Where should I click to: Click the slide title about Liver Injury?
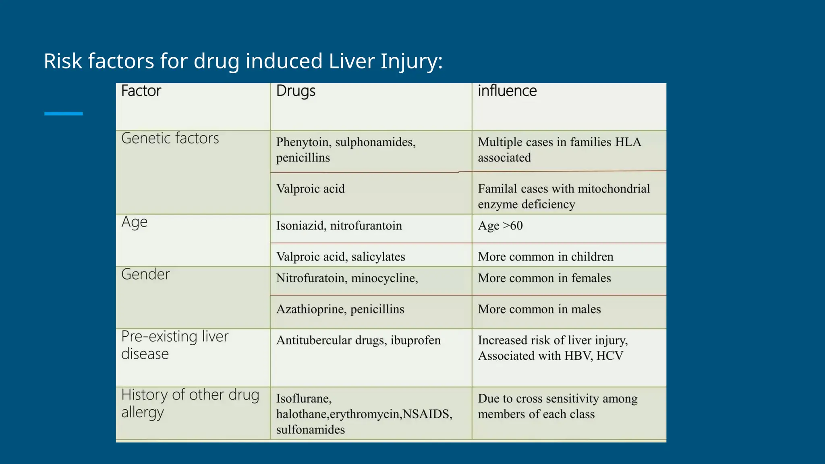243,61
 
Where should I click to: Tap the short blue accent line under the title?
63,114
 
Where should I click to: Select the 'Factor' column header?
141,91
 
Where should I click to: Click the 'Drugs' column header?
296,91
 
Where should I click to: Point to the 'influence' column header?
507,91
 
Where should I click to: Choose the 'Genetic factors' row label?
170,138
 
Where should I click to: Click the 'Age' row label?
135,222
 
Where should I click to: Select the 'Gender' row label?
145,274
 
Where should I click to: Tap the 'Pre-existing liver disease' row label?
174,345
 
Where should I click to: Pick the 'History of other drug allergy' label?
190,403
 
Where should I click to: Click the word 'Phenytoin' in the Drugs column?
302,142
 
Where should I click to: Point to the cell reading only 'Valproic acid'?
310,188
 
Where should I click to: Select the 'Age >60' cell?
500,226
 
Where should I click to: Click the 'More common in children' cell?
545,257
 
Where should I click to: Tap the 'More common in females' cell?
544,278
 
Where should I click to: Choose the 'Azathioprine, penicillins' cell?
340,309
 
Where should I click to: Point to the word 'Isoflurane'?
303,399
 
